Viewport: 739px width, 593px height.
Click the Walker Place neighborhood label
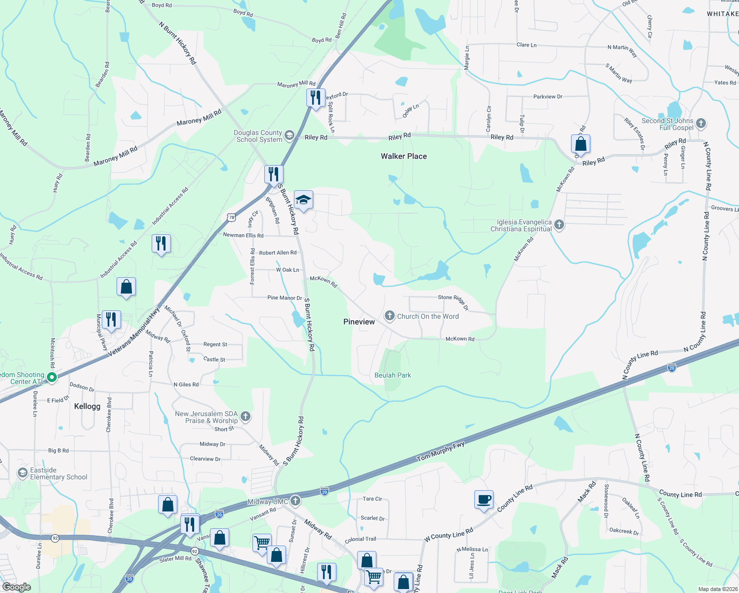click(404, 156)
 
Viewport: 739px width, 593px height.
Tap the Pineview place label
click(359, 322)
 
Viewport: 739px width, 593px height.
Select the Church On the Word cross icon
click(390, 316)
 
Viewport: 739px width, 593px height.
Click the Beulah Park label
click(393, 375)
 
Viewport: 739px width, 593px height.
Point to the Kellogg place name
click(87, 406)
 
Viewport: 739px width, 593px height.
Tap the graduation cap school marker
click(303, 200)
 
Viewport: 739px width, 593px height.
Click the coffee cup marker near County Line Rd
click(484, 499)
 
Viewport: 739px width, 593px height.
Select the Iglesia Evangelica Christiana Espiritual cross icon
click(559, 225)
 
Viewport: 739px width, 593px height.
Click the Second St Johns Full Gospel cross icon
click(701, 123)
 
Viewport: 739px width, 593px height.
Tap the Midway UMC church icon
click(295, 501)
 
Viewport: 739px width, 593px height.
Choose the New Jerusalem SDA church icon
click(246, 417)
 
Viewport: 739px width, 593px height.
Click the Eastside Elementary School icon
click(23, 473)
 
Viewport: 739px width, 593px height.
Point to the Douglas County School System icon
click(289, 135)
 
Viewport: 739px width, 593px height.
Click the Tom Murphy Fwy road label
click(441, 452)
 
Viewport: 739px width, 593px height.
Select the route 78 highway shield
click(231, 217)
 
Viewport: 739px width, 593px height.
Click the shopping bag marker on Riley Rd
click(580, 144)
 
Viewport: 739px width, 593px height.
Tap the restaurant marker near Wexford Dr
click(316, 97)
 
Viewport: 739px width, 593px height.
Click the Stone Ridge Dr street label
click(453, 301)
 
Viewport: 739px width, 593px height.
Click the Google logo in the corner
click(17, 587)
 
